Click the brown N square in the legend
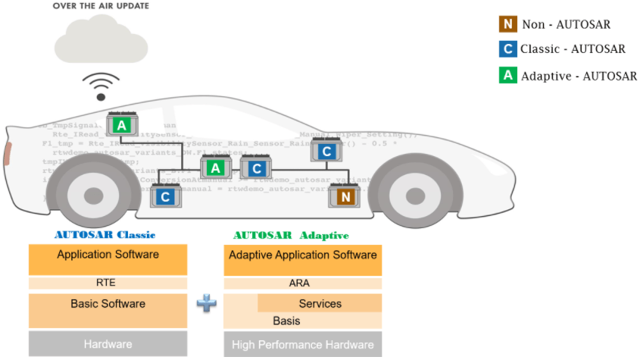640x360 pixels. (x=507, y=24)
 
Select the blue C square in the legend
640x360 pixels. (x=507, y=49)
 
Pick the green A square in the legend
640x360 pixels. (x=507, y=75)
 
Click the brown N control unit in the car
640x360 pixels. (x=345, y=197)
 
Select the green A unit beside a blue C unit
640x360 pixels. (x=216, y=168)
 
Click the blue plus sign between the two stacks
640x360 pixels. (x=206, y=303)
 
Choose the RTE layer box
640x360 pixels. (x=107, y=283)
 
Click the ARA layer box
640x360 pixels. (x=303, y=283)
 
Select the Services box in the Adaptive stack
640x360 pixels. (x=320, y=303)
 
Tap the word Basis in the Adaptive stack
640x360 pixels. (x=286, y=321)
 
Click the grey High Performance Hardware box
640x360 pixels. (x=303, y=345)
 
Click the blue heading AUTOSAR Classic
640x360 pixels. (x=105, y=235)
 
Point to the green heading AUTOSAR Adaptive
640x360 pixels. (x=292, y=235)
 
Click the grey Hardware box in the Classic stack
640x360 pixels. (x=107, y=343)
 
